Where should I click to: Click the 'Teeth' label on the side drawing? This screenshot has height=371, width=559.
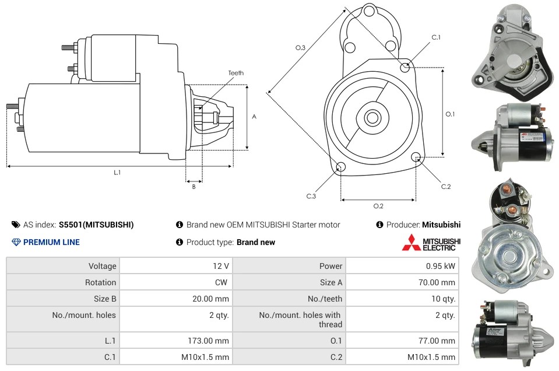[235, 73]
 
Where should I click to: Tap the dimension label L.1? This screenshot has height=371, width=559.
[117, 172]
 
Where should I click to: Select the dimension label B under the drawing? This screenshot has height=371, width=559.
[194, 187]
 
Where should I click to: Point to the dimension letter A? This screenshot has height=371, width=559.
[254, 117]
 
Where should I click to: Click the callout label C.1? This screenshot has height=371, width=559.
[435, 38]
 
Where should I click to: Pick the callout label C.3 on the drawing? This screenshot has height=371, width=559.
[311, 196]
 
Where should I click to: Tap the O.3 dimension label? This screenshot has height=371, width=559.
[301, 48]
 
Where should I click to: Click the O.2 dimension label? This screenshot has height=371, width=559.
[378, 206]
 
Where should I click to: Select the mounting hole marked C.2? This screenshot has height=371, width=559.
[416, 156]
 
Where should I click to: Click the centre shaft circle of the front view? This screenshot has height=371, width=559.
[372, 118]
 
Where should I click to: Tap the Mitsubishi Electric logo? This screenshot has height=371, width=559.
[431, 242]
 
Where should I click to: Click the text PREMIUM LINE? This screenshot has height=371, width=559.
[51, 242]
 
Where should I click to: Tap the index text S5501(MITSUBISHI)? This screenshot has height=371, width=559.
[96, 225]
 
